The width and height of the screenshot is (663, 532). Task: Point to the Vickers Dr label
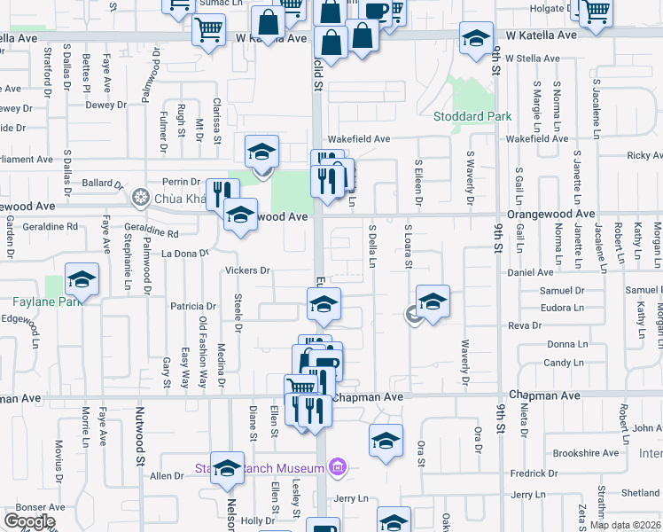point(247,270)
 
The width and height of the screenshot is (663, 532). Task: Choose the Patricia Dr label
point(193,307)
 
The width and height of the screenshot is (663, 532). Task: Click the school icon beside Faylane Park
point(82,280)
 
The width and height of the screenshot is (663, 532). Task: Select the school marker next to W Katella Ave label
point(476,38)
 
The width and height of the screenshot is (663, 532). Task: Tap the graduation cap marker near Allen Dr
point(227,467)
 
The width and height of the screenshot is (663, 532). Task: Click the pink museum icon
point(337,466)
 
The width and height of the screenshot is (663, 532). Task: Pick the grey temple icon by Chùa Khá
point(139,197)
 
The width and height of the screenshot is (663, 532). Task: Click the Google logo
point(29,521)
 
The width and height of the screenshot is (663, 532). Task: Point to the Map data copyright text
point(625,525)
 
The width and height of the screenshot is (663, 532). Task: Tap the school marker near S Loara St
point(432,302)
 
